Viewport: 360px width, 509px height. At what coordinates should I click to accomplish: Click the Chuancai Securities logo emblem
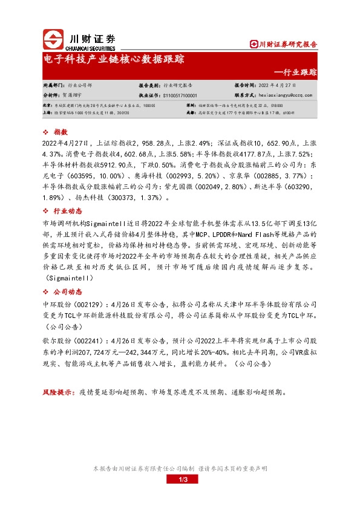[x=54, y=39]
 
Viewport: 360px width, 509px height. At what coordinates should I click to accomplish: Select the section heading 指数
[x=60, y=131]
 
